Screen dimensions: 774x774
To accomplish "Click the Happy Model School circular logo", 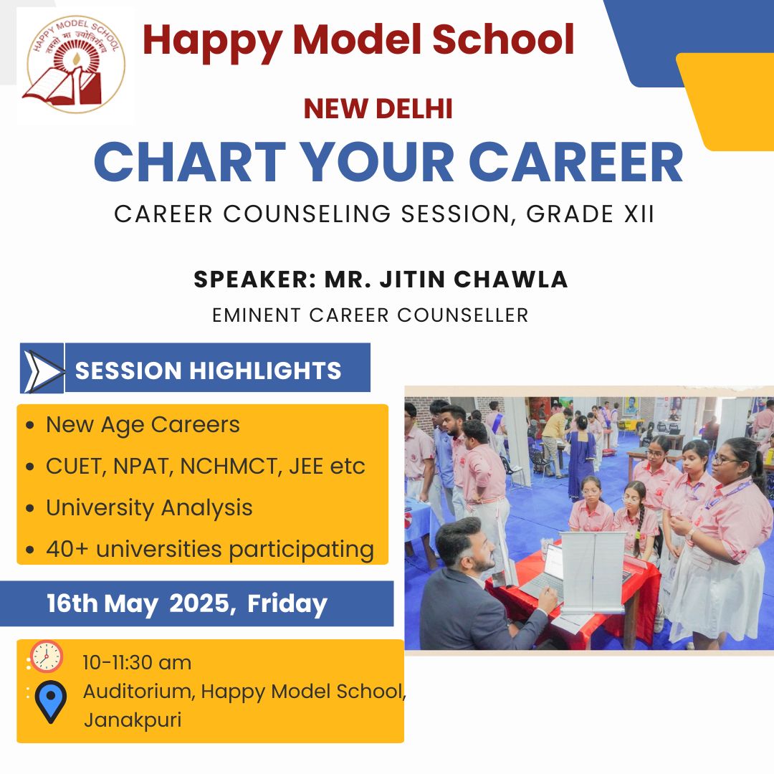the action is point(76,64).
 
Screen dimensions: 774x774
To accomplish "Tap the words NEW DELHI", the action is point(378,109).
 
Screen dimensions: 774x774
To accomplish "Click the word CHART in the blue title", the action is point(190,163).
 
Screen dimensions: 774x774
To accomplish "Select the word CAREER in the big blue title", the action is point(575,163).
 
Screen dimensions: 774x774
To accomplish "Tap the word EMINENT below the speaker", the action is point(256,315).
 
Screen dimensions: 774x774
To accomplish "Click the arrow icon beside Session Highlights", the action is point(42,368).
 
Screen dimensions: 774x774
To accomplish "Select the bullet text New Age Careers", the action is point(143,424).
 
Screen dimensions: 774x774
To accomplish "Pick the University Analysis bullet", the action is point(149,507).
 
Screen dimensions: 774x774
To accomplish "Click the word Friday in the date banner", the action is point(287,603).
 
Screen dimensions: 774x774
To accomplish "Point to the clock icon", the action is point(47,656).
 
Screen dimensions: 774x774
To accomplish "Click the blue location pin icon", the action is point(50,702).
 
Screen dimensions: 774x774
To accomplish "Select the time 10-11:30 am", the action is point(137,662).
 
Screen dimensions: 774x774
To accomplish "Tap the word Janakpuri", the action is point(133,720).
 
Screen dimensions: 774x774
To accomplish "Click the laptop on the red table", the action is point(545,573).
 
